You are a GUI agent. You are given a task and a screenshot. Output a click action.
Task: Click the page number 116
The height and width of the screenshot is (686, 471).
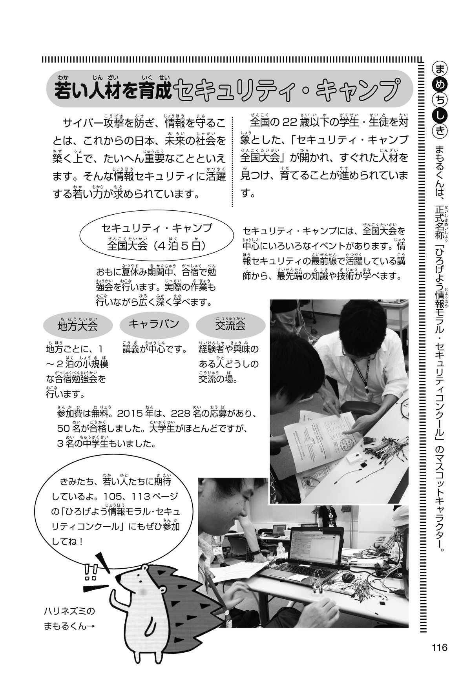pos(438,647)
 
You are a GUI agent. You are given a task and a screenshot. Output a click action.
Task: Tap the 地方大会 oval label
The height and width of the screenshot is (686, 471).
pos(77,325)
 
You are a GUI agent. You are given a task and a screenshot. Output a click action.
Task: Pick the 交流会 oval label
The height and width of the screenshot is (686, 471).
pos(230,325)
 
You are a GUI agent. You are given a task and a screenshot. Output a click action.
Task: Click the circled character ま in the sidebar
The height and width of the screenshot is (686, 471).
pos(438,68)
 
